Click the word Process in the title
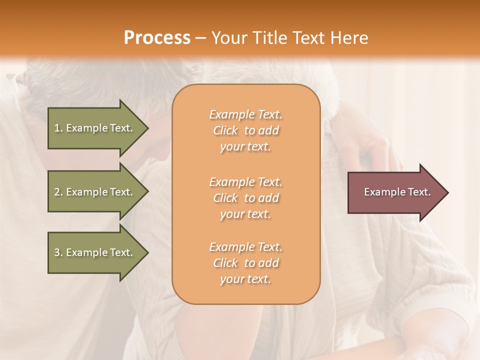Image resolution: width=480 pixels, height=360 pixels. [x=157, y=38]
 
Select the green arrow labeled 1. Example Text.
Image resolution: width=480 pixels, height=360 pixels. [x=95, y=128]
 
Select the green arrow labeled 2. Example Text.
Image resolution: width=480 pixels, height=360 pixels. [x=95, y=192]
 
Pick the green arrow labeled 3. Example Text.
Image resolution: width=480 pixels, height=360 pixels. [x=95, y=252]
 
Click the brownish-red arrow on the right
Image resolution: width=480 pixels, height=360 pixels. [x=395, y=192]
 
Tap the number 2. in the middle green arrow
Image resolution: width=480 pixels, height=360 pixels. [x=58, y=192]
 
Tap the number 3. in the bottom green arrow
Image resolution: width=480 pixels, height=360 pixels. [x=58, y=252]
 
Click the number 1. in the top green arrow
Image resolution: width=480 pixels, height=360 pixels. [x=58, y=128]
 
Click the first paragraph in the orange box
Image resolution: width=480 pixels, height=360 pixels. [x=245, y=130]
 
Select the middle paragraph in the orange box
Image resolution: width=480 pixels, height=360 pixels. [x=245, y=198]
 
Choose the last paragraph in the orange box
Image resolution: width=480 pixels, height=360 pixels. [x=245, y=263]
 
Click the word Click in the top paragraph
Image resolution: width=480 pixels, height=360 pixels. [x=225, y=130]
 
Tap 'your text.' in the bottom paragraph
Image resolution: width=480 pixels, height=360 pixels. [x=245, y=279]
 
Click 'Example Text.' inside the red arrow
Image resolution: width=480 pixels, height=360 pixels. [x=397, y=192]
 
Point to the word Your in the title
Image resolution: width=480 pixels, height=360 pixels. [x=229, y=38]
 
